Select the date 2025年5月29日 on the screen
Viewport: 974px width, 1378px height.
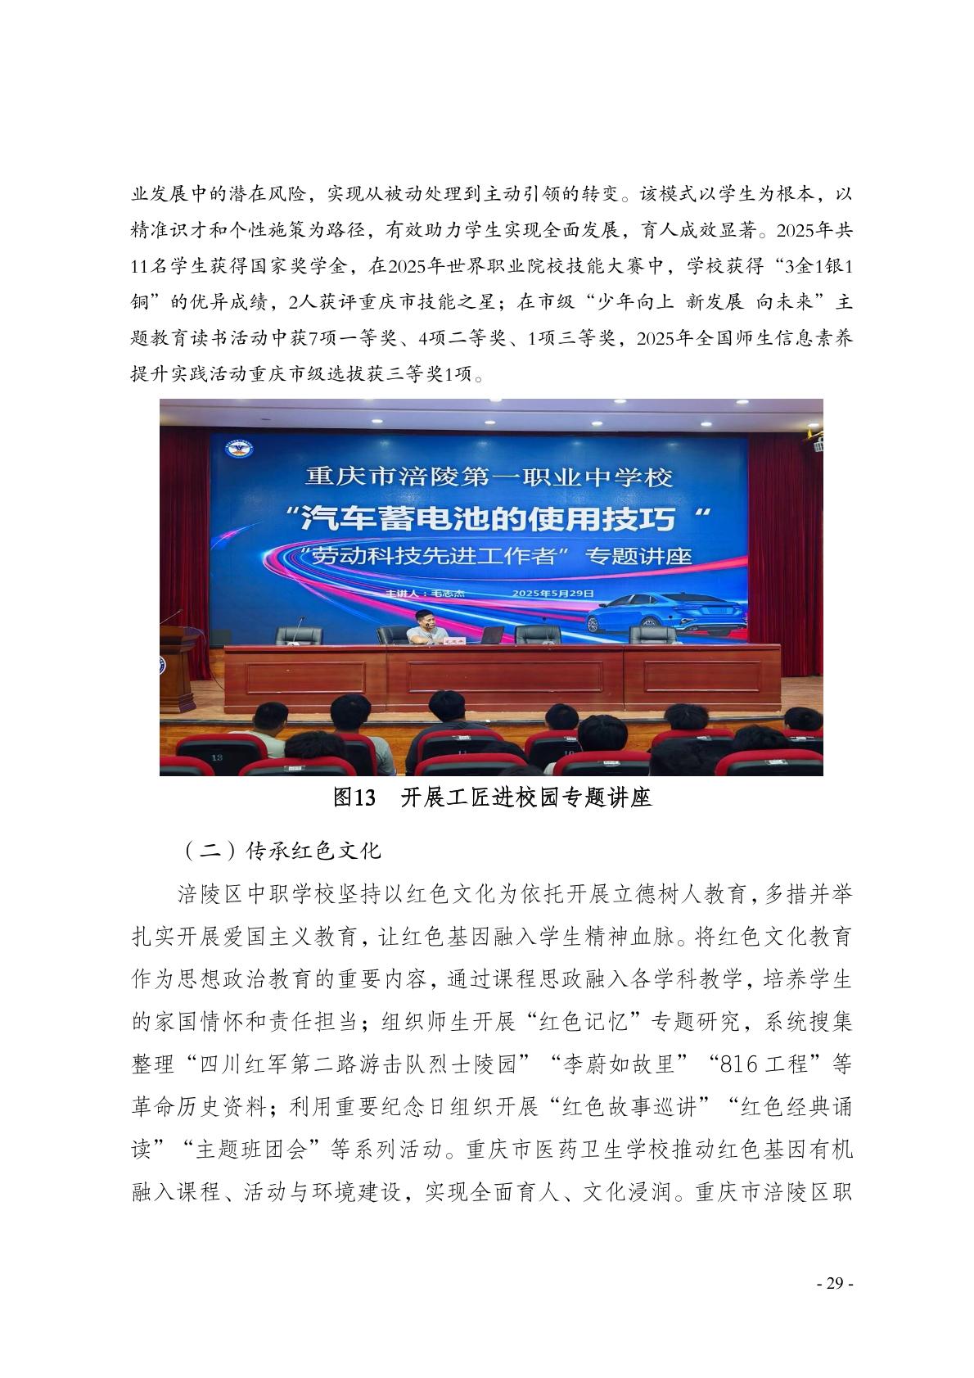pos(552,593)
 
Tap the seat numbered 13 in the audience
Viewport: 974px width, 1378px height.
pos(217,757)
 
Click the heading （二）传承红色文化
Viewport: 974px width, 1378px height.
pos(278,850)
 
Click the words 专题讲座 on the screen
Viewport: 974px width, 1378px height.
pos(638,556)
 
